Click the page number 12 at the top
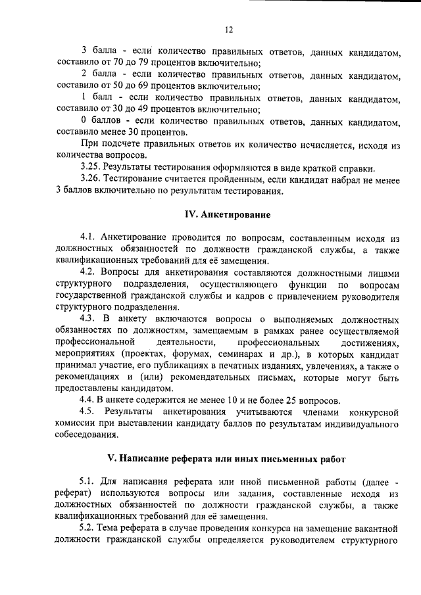(x=228, y=30)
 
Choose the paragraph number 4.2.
(x=89, y=272)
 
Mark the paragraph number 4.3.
(x=89, y=319)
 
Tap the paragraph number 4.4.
(x=89, y=400)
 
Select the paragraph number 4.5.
(x=89, y=412)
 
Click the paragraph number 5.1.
(x=89, y=481)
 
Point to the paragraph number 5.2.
(x=89, y=529)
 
